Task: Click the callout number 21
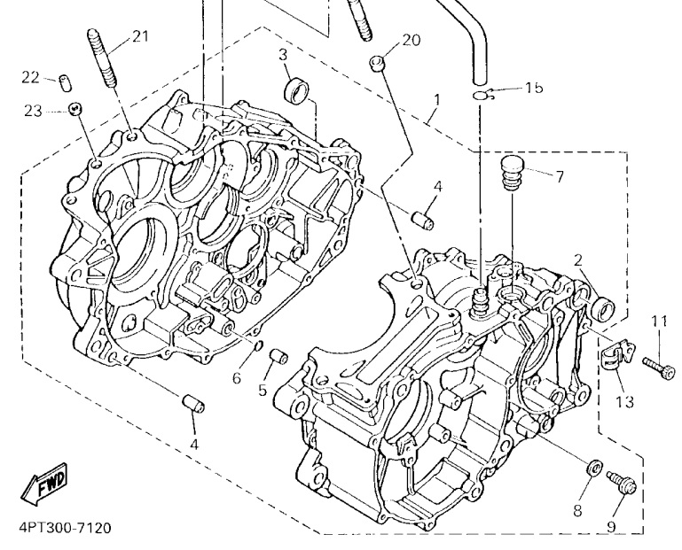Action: click(x=140, y=36)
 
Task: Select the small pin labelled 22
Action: click(x=65, y=82)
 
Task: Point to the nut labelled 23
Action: click(x=75, y=109)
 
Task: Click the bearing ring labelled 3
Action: click(x=296, y=89)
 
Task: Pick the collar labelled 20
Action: click(x=378, y=63)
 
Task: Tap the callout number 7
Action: click(x=559, y=176)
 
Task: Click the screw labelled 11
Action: click(x=659, y=368)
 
